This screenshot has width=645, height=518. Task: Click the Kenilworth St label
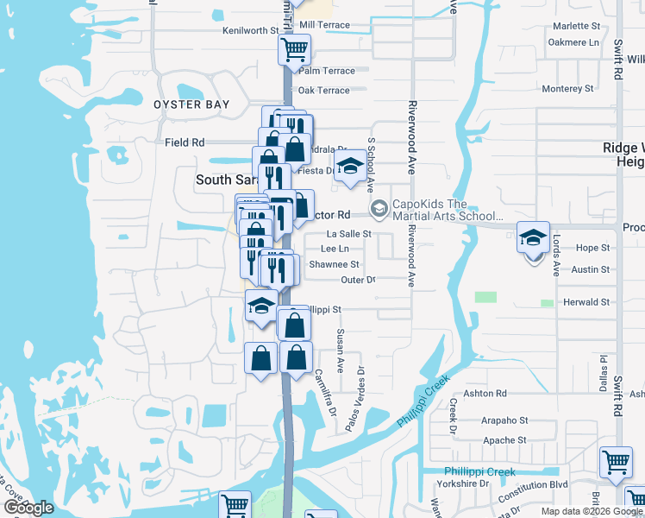pyautogui.click(x=250, y=29)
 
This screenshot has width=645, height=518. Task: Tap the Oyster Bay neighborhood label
pyautogui.click(x=191, y=104)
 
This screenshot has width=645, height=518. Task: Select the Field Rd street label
pyautogui.click(x=185, y=142)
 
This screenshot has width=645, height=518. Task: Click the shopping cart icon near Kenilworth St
pyautogui.click(x=294, y=49)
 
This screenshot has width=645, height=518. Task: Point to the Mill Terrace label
pyautogui.click(x=322, y=25)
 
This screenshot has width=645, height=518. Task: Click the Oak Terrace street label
pyautogui.click(x=323, y=90)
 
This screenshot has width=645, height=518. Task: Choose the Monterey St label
pyautogui.click(x=568, y=88)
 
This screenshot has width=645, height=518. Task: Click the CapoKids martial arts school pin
pyautogui.click(x=378, y=209)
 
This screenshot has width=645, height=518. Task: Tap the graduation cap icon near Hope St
pyautogui.click(x=533, y=236)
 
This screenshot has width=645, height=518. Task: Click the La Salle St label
pyautogui.click(x=348, y=233)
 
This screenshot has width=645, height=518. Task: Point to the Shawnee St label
pyautogui.click(x=334, y=264)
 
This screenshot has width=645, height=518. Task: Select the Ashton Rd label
pyautogui.click(x=489, y=393)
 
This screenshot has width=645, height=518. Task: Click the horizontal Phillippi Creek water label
pyautogui.click(x=479, y=471)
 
